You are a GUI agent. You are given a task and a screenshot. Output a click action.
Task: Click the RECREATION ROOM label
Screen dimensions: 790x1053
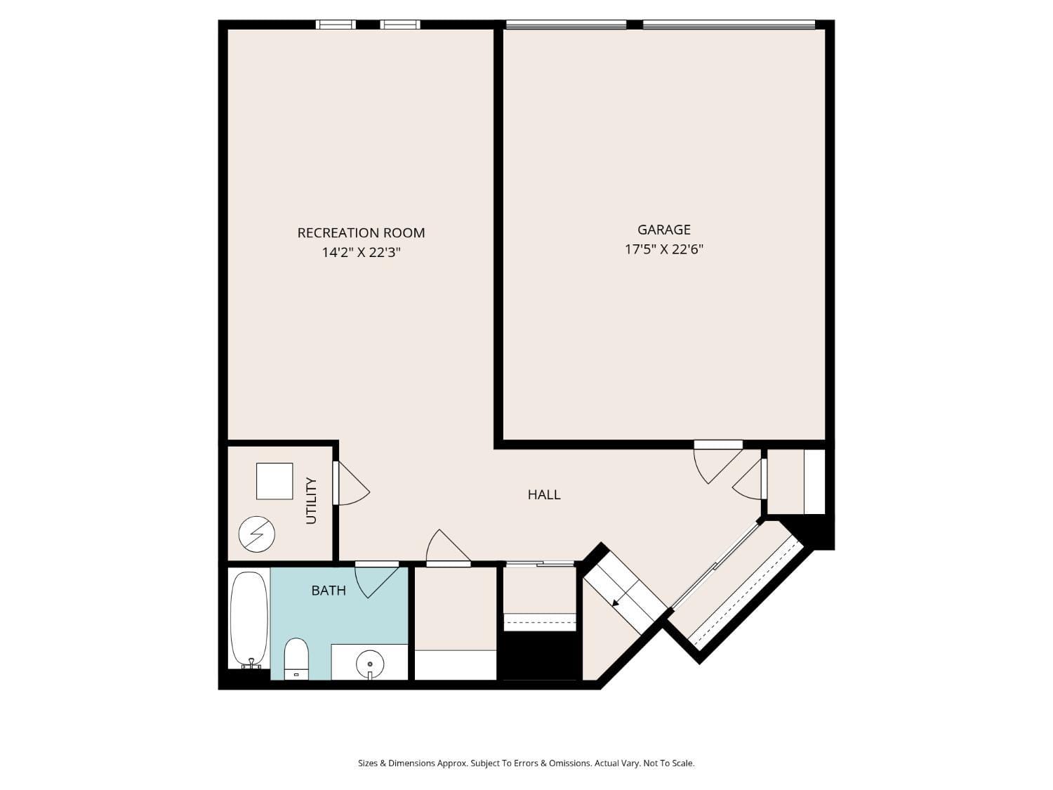point(361,232)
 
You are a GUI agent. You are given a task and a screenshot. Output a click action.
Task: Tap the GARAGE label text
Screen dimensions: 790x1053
point(663,230)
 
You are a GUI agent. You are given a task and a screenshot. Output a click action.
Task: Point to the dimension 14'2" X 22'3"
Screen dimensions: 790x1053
point(361,252)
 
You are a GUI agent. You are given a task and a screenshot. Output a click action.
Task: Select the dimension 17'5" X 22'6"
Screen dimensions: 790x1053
point(663,249)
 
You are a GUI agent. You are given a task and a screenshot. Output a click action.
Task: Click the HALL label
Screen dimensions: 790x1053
point(544,494)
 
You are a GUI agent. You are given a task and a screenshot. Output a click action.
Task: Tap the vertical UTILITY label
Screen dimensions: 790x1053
point(312,501)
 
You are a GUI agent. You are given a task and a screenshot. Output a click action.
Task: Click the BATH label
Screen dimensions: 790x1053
point(329,590)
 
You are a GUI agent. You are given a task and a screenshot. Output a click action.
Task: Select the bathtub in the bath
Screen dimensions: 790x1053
point(249,619)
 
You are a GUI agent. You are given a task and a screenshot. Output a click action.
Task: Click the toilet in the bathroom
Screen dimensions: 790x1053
point(296,658)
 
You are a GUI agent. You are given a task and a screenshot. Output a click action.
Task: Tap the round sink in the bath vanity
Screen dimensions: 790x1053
point(369,663)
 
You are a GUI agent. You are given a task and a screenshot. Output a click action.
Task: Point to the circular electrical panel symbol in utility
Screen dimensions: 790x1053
point(256,534)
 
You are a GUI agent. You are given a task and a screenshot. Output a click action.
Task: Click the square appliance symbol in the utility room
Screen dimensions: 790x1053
point(274,481)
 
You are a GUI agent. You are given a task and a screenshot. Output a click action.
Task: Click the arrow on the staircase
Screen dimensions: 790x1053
point(616,602)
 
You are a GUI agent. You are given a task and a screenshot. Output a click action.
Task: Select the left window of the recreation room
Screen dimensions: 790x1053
point(336,25)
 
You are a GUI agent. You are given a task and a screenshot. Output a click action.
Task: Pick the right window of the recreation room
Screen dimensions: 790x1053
point(400,25)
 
